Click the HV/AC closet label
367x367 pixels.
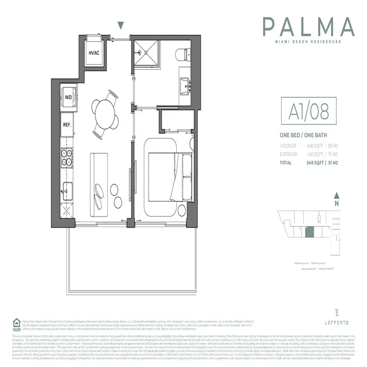[x=94, y=53]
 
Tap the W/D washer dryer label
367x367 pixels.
[x=68, y=97]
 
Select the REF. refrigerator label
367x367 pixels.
[x=67, y=124]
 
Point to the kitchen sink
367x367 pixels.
[x=67, y=188]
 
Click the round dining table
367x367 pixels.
[x=102, y=112]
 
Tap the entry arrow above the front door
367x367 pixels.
[x=121, y=26]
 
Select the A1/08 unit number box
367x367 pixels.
[x=304, y=111]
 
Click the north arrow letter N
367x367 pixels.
[x=336, y=203]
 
